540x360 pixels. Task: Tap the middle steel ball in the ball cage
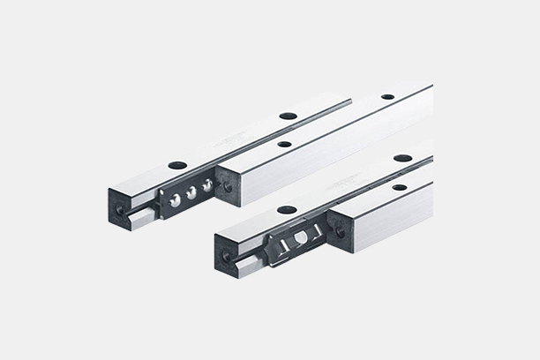pos(191,192)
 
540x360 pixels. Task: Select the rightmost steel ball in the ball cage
pos(207,185)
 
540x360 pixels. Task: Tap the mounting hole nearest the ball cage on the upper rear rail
pos(177,165)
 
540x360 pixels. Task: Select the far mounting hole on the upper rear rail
pos(288,116)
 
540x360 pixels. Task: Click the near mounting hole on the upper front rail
pos(284,144)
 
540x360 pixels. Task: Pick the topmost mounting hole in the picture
pos(387,96)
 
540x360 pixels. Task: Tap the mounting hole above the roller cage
pos(287,210)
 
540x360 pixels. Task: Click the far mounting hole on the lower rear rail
pos(402,158)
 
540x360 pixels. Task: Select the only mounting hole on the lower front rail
pos(400,187)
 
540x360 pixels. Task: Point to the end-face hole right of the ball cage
pos(228,187)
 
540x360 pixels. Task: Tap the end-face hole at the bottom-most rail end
pos(226,257)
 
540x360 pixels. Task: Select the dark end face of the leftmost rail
pos(121,206)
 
